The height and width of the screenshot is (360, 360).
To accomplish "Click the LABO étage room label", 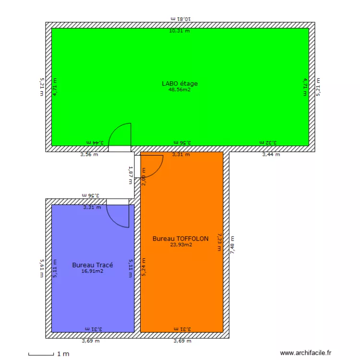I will (x=180, y=84).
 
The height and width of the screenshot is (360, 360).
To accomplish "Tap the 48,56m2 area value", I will (x=180, y=89).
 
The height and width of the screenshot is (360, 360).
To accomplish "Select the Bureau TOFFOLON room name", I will (x=180, y=239).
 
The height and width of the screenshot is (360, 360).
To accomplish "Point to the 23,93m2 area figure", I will (x=181, y=244).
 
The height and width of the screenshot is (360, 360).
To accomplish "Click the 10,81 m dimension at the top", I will (x=180, y=18).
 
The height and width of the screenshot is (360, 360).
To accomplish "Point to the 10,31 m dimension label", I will (x=179, y=31).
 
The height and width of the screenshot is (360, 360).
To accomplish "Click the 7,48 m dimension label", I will (x=233, y=247).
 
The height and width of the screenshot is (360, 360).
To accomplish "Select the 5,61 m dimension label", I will (x=42, y=269).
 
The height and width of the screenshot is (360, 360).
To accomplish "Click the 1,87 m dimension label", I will (x=130, y=175).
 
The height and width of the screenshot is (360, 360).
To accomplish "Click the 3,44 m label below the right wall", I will (x=271, y=155).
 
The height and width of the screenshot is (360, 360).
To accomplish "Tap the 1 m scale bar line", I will (x=41, y=355).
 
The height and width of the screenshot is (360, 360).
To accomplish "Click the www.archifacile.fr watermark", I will (x=306, y=353).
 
